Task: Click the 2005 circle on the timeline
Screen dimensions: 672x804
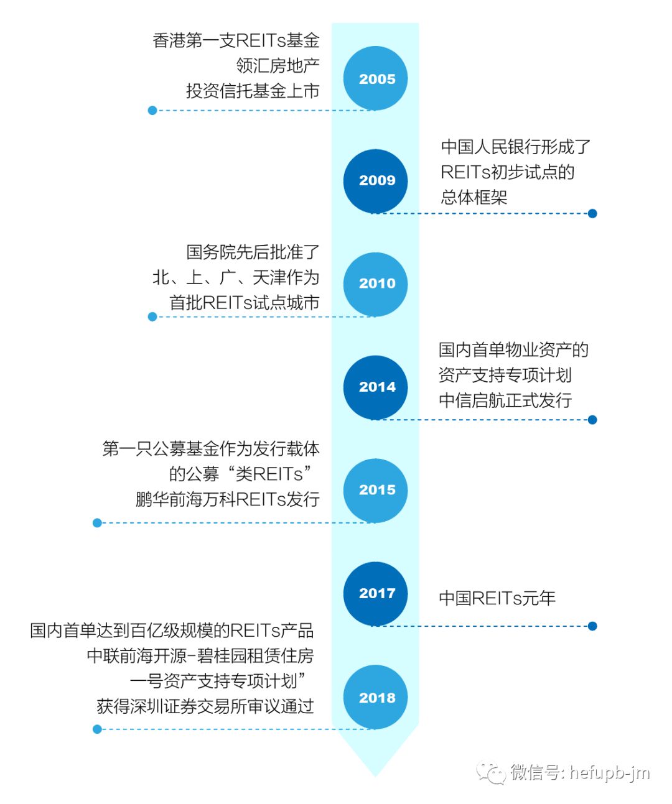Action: pyautogui.click(x=375, y=78)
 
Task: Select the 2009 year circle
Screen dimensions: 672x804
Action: pyautogui.click(x=375, y=181)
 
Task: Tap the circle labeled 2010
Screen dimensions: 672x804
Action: pyautogui.click(x=375, y=284)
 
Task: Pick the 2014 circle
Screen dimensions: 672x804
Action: pyautogui.click(x=375, y=387)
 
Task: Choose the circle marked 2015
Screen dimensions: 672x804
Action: pyautogui.click(x=375, y=491)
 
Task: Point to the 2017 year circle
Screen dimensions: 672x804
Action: pyautogui.click(x=375, y=594)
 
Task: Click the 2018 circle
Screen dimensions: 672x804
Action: pyautogui.click(x=375, y=697)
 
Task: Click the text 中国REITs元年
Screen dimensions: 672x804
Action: pyautogui.click(x=497, y=598)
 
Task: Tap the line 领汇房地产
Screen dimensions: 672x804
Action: pyautogui.click(x=278, y=65)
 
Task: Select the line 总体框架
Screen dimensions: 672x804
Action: pyautogui.click(x=474, y=197)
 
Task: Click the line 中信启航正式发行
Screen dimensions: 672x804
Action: pyautogui.click(x=505, y=400)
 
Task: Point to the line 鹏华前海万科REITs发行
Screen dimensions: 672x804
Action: pyautogui.click(x=227, y=499)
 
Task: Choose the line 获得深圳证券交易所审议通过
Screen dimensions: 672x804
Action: pyautogui.click(x=205, y=706)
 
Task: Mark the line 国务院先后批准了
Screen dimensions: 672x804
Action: pyautogui.click(x=253, y=252)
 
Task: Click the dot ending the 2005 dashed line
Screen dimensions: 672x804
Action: pyautogui.click(x=152, y=111)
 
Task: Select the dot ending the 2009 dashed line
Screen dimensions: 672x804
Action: pyautogui.click(x=592, y=213)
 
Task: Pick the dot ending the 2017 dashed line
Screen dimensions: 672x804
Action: pyautogui.click(x=592, y=626)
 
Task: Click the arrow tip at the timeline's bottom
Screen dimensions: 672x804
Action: pyautogui.click(x=375, y=775)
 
